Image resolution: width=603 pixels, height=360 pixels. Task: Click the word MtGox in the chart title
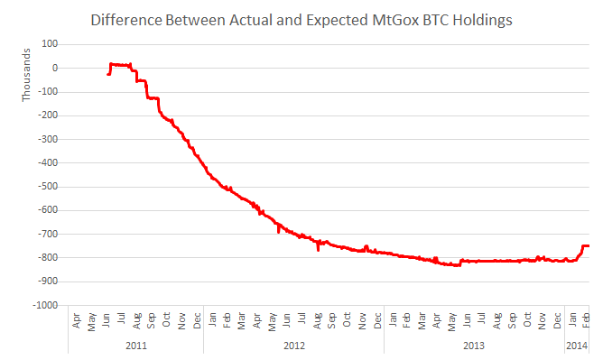pyautogui.click(x=395, y=20)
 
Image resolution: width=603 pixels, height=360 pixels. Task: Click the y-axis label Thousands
pyautogui.click(x=26, y=75)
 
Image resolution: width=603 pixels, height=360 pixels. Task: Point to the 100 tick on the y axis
pyautogui.click(x=50, y=44)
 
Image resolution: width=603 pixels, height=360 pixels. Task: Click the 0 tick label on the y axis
pyautogui.click(x=55, y=68)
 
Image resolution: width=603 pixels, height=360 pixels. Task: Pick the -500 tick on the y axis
pyautogui.click(x=48, y=187)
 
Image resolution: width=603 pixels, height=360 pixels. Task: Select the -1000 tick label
pyautogui.click(x=45, y=305)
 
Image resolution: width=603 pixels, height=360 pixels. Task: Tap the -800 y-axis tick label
pyautogui.click(x=48, y=257)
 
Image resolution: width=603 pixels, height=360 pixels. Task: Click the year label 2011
pyautogui.click(x=136, y=346)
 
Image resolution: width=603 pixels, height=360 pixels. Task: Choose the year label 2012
pyautogui.click(x=294, y=346)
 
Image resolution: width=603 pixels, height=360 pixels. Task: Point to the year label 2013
pyautogui.click(x=474, y=346)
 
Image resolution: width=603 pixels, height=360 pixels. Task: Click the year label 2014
pyautogui.click(x=577, y=346)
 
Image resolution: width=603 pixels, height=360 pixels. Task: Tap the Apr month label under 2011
pyautogui.click(x=76, y=320)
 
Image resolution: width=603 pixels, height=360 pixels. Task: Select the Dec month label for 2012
pyautogui.click(x=377, y=320)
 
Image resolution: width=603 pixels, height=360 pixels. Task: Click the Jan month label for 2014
pyautogui.click(x=572, y=319)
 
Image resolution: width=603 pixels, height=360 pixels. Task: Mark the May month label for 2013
pyautogui.click(x=452, y=322)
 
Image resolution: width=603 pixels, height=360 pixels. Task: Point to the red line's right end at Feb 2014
pyautogui.click(x=589, y=246)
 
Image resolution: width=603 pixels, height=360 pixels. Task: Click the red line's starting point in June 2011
pyautogui.click(x=107, y=74)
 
